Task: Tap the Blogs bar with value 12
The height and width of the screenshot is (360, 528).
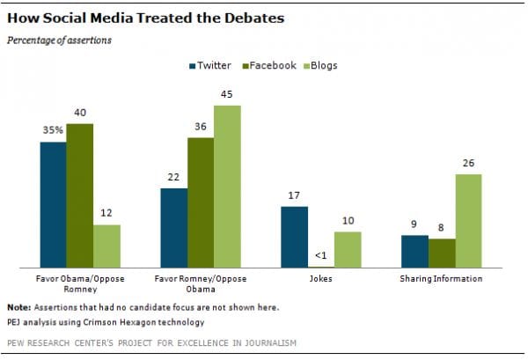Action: click(x=106, y=246)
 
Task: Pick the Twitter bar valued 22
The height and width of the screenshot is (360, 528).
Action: click(x=172, y=227)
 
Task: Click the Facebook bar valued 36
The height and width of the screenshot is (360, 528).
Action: click(x=200, y=202)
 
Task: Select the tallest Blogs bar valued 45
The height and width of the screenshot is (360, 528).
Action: click(x=226, y=186)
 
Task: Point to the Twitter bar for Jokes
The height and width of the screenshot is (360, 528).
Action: click(x=294, y=236)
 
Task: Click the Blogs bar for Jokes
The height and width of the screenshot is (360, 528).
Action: click(x=347, y=249)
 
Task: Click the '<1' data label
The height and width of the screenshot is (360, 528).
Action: click(x=320, y=257)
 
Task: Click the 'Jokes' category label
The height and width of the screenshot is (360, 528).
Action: click(x=320, y=279)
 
